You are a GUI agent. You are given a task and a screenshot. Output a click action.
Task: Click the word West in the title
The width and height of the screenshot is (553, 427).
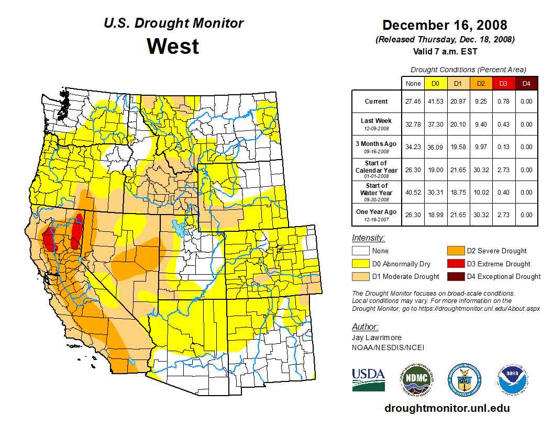point(173,46)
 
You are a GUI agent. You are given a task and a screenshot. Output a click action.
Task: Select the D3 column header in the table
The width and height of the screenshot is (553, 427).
point(503,84)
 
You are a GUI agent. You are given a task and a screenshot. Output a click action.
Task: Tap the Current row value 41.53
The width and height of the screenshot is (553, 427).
point(436,102)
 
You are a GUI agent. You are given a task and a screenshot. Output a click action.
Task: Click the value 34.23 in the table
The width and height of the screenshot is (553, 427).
point(413,147)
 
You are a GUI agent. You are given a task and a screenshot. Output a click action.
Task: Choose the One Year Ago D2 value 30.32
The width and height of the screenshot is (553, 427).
point(481,215)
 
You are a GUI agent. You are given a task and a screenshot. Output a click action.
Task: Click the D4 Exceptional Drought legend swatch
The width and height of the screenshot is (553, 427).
point(455,276)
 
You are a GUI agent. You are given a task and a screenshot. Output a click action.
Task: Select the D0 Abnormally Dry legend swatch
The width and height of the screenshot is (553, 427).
point(360,264)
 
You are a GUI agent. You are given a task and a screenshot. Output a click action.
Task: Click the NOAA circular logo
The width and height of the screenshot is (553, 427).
point(513,379)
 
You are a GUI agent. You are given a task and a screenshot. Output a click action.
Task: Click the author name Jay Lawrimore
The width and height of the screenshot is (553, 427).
point(377,338)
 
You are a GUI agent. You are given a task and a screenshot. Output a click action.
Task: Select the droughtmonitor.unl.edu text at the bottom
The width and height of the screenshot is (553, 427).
point(447,408)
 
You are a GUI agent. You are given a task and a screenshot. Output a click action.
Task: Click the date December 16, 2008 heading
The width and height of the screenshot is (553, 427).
point(445,25)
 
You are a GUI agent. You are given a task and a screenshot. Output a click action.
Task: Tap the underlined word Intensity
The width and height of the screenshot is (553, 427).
point(368,238)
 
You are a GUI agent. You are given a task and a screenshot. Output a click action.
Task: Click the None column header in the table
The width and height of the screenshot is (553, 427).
point(413,84)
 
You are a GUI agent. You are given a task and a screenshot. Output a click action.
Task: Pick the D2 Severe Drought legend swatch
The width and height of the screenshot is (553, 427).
point(455,251)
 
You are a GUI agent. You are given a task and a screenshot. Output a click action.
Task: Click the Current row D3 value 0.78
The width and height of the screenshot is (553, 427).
point(503,102)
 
